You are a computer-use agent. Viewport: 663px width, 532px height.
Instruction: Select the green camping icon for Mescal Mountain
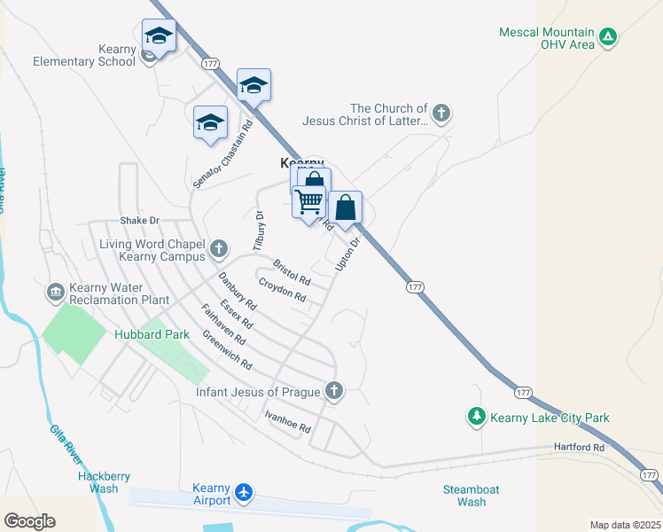[x=608, y=36]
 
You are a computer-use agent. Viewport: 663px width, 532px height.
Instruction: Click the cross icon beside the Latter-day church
[x=441, y=113]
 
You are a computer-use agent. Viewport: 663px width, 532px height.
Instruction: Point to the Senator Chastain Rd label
[x=222, y=153]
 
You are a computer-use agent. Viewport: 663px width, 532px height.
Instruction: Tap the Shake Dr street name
[x=139, y=220]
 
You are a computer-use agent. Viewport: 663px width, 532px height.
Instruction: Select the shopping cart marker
[x=308, y=202]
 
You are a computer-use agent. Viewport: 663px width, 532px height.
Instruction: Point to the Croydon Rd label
[x=282, y=290]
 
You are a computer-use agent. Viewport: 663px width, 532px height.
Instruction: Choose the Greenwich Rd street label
[x=227, y=350]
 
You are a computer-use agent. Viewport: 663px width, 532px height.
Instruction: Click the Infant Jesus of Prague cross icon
[x=334, y=390]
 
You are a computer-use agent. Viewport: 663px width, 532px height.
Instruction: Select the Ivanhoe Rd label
[x=287, y=421]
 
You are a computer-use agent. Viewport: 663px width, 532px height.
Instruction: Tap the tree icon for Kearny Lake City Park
[x=477, y=416]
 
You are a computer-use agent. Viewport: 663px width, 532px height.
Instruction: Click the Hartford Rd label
[x=580, y=448]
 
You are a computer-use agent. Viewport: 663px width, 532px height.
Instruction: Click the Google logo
[x=29, y=521]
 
